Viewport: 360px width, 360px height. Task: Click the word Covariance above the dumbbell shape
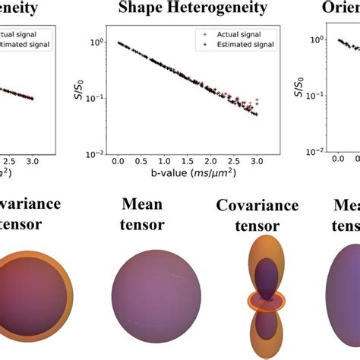(x=249, y=206)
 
